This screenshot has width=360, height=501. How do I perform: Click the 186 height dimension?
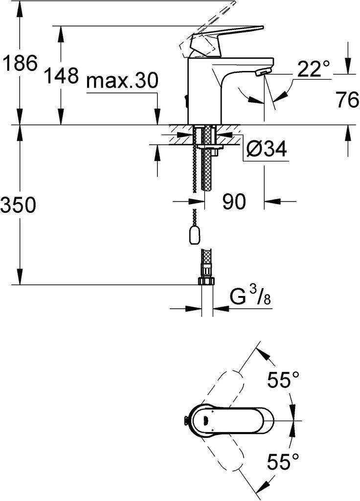coord(19,63)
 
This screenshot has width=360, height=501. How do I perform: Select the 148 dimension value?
coord(61,76)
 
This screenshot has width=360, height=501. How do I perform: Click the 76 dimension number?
coord(347,100)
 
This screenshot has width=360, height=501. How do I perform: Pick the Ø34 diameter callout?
coord(267,149)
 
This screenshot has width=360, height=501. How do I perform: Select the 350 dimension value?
coord(18,205)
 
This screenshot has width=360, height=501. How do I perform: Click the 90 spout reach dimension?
coord(234,202)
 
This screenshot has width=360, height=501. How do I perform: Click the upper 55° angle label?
coord(283,380)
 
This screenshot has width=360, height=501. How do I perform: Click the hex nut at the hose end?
coord(207,281)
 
